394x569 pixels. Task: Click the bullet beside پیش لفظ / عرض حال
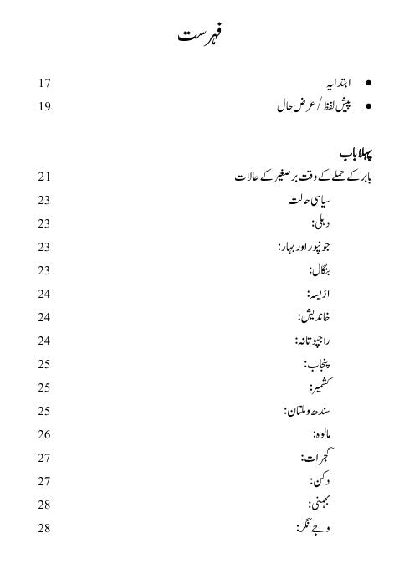click(369, 107)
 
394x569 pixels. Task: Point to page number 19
click(44, 106)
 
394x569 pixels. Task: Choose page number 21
click(44, 177)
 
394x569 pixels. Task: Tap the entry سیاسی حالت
click(305, 201)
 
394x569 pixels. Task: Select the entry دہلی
click(318, 223)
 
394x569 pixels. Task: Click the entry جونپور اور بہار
click(303, 247)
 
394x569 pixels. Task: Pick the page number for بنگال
click(44, 270)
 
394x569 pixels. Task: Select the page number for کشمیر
click(44, 387)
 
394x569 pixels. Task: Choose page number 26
click(44, 434)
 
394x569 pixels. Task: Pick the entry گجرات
click(314, 458)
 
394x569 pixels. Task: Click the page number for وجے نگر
click(44, 528)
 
